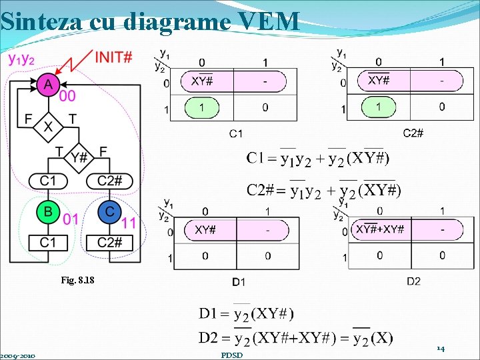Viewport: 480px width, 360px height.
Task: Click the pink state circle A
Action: pos(48,85)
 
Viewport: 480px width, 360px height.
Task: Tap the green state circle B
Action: pos(48,212)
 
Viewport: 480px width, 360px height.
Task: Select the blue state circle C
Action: pos(109,212)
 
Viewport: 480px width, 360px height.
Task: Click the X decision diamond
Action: pos(48,126)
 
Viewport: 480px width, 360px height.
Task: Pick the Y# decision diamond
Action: pos(79,157)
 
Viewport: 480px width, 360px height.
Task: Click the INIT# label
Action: pos(113,57)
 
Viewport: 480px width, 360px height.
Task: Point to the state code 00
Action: pos(67,97)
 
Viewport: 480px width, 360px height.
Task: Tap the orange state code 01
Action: pos(71,219)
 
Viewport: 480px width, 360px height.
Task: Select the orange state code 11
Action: pos(129,223)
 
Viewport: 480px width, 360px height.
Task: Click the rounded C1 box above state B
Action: pos(48,181)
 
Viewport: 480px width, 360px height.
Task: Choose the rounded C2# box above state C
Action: pos(109,181)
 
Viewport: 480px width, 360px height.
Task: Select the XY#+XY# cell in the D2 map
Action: pos(379,229)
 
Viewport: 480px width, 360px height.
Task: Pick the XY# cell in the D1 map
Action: pos(205,230)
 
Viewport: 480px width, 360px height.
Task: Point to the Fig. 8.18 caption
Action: pos(81,281)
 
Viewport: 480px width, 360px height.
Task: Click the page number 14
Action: pos(440,348)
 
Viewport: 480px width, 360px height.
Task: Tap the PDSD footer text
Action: pos(231,355)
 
